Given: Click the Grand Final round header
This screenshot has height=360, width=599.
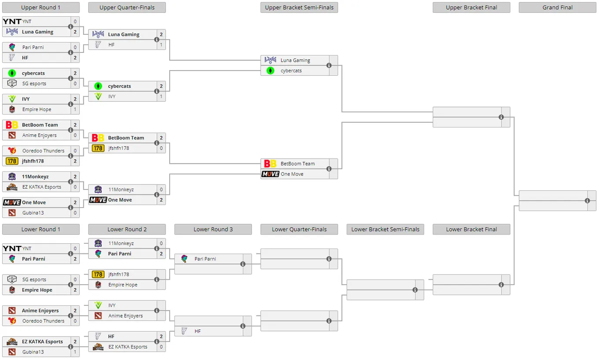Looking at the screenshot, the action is (x=557, y=7).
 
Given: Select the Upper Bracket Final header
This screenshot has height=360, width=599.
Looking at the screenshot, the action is (x=471, y=7).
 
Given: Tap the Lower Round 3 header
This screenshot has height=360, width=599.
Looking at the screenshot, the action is (x=213, y=229).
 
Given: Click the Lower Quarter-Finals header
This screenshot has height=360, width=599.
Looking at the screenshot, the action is (x=299, y=229).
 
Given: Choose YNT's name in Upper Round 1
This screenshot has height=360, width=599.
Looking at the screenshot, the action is (x=27, y=22).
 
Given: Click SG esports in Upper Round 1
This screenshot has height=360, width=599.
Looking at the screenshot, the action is (x=34, y=83).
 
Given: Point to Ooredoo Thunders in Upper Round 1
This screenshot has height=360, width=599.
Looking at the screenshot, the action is (x=43, y=151).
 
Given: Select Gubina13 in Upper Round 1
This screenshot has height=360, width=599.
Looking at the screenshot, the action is (x=33, y=213).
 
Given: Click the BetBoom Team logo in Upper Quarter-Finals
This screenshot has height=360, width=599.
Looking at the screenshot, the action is (x=98, y=138).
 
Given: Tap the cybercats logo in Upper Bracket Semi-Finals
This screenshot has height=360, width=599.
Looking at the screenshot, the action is (x=270, y=71).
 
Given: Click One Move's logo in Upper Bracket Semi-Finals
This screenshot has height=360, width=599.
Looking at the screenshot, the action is (x=270, y=174).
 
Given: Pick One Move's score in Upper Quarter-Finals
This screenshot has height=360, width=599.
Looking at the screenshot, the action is (x=161, y=200).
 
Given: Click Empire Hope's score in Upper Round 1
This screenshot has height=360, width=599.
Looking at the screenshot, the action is (x=75, y=109).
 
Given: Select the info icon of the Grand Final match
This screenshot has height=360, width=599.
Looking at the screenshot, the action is (x=587, y=200).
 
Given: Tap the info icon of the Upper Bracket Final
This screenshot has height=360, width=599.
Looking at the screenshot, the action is (x=501, y=117).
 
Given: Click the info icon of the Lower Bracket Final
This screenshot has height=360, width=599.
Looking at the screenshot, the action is (x=501, y=285).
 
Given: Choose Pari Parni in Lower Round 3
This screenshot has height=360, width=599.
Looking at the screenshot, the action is (x=205, y=259).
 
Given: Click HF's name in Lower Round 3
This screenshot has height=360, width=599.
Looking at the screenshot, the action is (x=198, y=331).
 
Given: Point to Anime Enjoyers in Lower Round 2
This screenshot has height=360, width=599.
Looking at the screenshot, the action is (x=126, y=315).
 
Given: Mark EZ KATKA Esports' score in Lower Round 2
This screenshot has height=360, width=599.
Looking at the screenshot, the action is (x=161, y=347).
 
